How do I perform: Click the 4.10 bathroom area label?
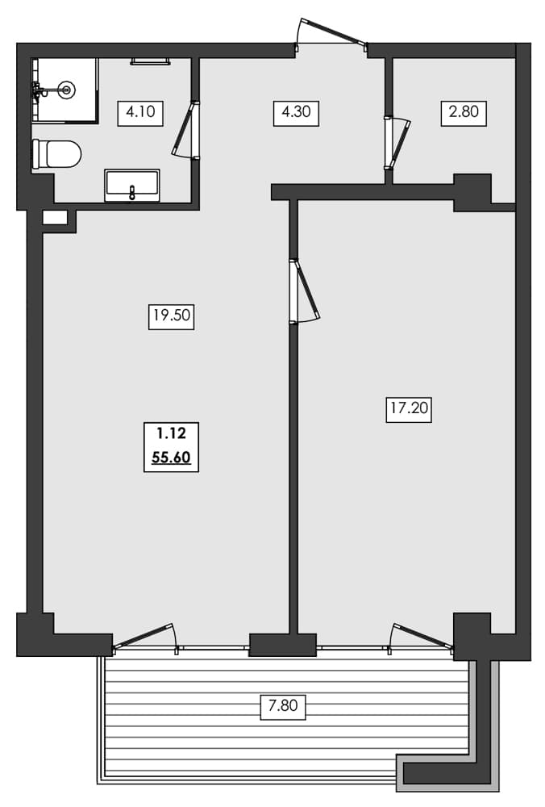[141, 112]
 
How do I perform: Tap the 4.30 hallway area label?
[296, 112]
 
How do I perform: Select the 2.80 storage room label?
[464, 112]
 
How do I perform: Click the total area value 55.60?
[171, 458]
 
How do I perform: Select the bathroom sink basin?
[132, 185]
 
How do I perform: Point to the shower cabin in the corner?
[64, 90]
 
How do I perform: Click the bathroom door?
[185, 129]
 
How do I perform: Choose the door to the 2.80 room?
[397, 142]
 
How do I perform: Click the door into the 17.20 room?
[304, 291]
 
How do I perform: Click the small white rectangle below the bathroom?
[55, 217]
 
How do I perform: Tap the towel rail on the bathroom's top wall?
[150, 61]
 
